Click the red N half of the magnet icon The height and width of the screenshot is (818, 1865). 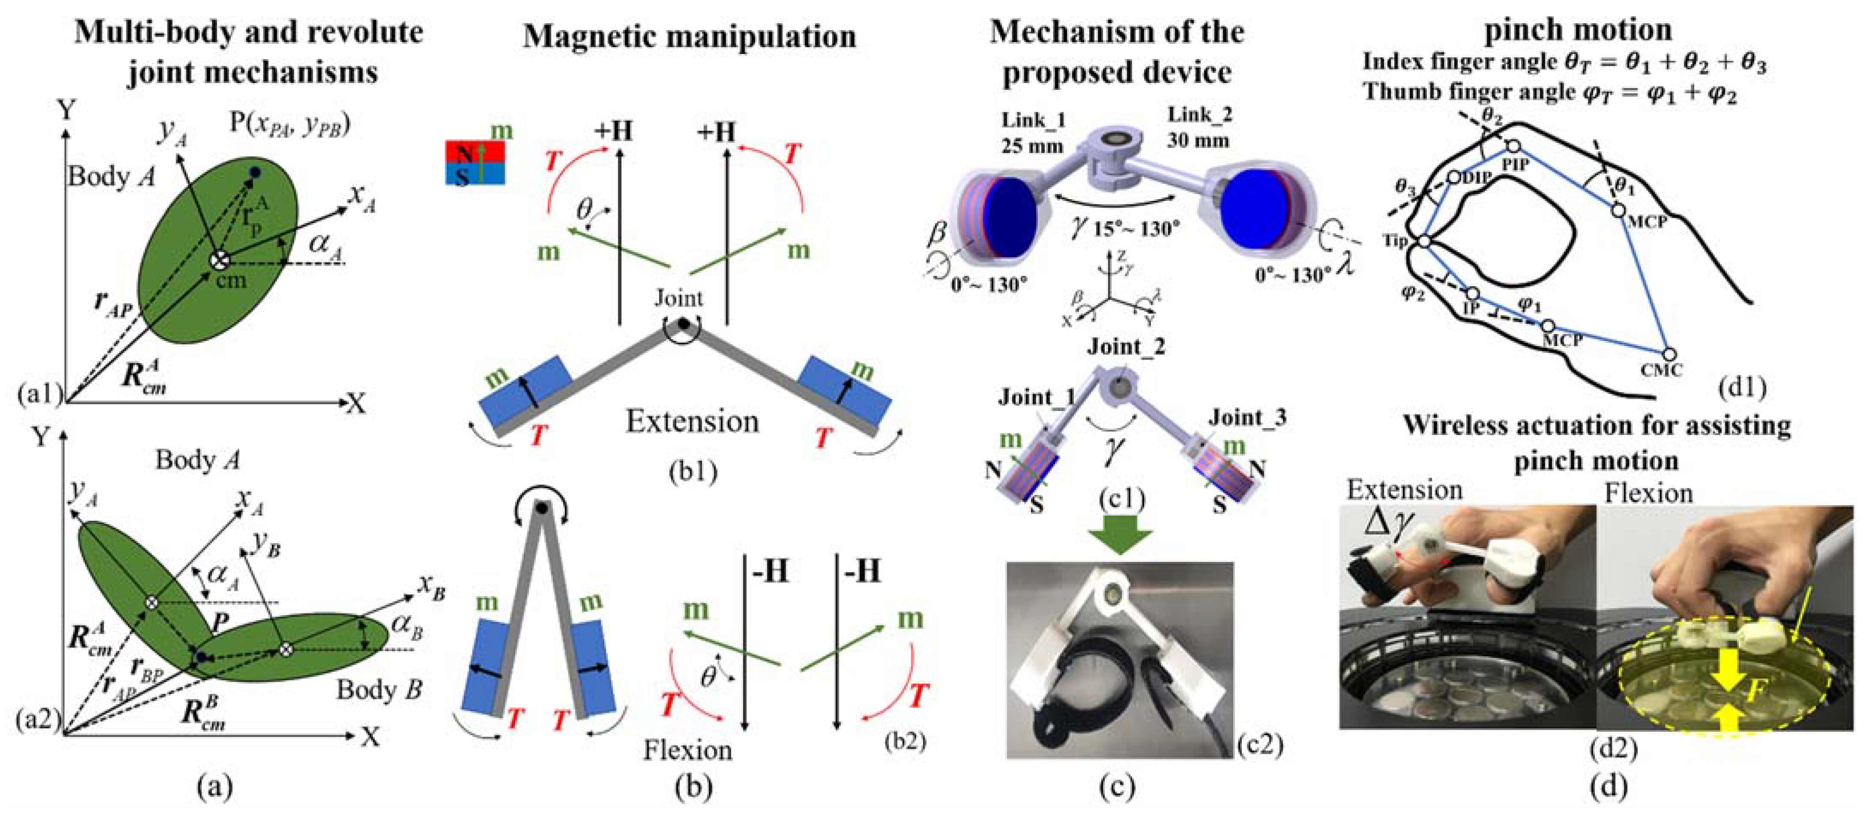(x=474, y=152)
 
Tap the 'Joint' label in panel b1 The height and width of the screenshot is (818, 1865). (x=678, y=298)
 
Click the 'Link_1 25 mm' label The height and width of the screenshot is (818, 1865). (x=1032, y=132)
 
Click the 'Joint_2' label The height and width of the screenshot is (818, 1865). (x=1126, y=347)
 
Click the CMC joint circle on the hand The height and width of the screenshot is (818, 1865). (x=1669, y=355)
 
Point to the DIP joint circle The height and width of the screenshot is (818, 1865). (x=1453, y=176)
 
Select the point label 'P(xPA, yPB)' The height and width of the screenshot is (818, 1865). (x=290, y=125)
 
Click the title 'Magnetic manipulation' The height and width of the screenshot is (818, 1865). (x=689, y=36)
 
